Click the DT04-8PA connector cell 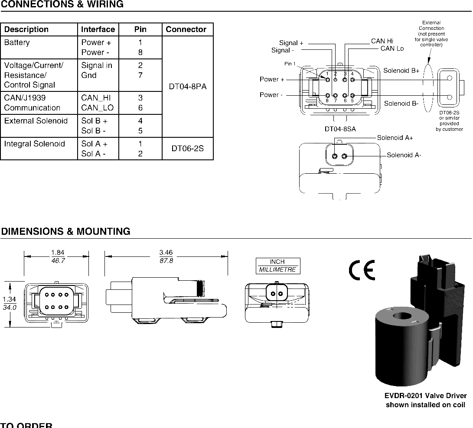click(188, 87)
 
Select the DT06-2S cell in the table click(188, 149)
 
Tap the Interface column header click(98, 29)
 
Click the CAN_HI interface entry click(96, 98)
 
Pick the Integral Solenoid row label click(34, 144)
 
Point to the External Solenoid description click(36, 121)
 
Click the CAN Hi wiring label click(382, 41)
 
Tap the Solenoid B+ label click(401, 71)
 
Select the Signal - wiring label click(283, 50)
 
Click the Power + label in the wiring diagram click(272, 79)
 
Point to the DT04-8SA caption click(340, 129)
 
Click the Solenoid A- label click(404, 155)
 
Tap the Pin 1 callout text click(290, 64)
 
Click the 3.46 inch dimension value click(166, 253)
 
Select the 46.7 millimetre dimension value click(58, 261)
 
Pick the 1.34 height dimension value click(10, 299)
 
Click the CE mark click(362, 270)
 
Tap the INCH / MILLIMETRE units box click(278, 266)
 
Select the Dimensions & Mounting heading click(66, 231)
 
